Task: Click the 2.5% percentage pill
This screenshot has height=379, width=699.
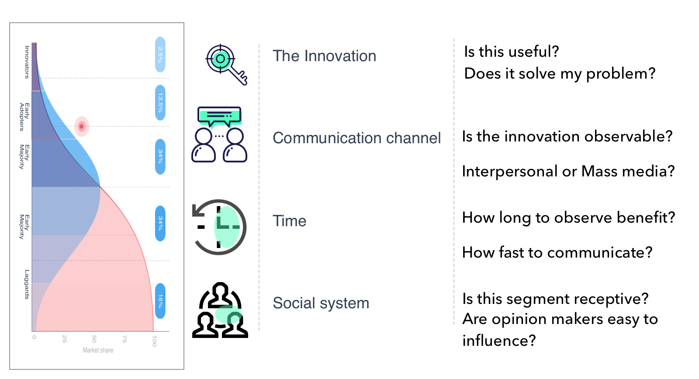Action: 160,55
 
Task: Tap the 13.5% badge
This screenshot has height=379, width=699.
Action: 160,103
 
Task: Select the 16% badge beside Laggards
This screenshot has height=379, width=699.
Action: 160,301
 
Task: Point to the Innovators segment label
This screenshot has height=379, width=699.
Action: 27,62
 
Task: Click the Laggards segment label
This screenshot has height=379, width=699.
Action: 27,285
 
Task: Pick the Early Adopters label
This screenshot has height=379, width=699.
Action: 24,117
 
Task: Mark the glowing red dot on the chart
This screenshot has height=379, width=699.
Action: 82,126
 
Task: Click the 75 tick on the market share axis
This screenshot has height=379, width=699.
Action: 124,339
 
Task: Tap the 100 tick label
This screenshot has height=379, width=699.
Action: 154,341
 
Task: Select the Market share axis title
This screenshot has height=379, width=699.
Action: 98,350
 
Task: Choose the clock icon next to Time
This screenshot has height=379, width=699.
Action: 219,227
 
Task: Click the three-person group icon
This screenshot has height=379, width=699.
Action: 220,310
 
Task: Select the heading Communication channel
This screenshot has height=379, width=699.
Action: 356,138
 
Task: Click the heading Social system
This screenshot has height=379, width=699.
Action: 321,303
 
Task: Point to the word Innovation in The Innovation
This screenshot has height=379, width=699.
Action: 340,56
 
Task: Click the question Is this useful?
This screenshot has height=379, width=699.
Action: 512,52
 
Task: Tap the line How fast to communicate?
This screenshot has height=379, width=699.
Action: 557,252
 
